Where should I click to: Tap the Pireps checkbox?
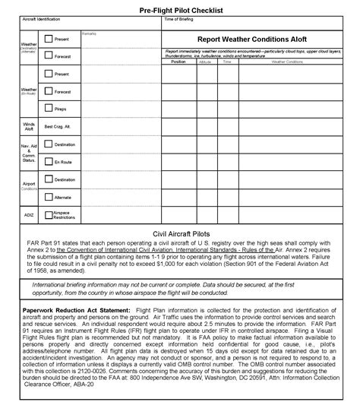click(49, 108)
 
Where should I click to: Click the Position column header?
click(178, 61)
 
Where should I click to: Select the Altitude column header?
click(206, 61)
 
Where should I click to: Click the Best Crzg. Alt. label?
click(58, 125)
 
